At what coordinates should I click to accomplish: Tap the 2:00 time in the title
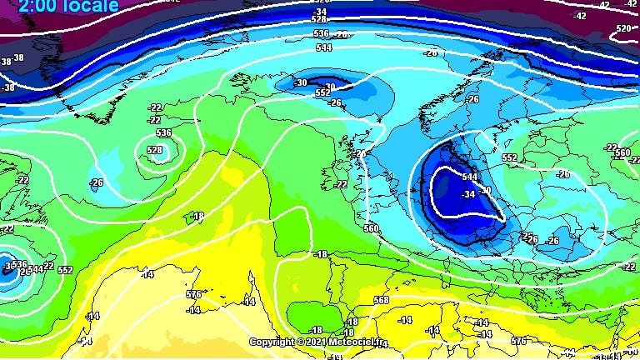tap(33, 6)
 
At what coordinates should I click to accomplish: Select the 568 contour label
tap(381, 301)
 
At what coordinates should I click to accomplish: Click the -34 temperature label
tap(468, 194)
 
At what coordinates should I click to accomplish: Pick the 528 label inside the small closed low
tap(156, 150)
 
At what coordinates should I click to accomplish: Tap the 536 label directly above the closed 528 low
tap(163, 132)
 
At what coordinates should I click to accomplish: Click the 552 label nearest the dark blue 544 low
tap(510, 157)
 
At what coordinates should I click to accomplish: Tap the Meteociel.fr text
tap(356, 342)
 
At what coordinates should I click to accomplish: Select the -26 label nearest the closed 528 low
tap(97, 182)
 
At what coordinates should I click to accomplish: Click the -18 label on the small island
tap(197, 217)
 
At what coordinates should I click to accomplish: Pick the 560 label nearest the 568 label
tap(371, 227)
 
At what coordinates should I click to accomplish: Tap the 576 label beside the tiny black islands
tap(193, 294)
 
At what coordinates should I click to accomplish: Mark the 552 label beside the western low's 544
tap(65, 270)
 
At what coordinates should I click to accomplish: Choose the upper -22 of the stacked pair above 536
tap(155, 108)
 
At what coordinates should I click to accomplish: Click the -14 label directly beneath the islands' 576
tap(193, 310)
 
